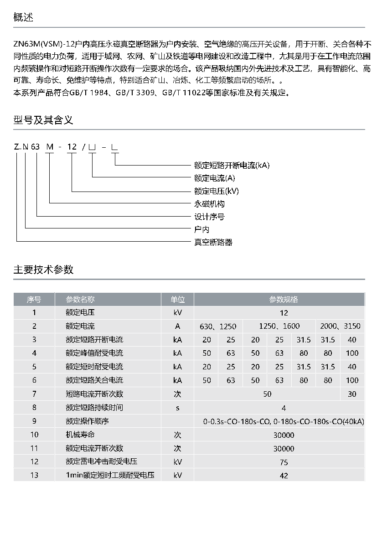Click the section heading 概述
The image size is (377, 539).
click(23, 18)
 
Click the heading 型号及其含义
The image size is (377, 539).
click(43, 120)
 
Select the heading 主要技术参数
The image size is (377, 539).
click(43, 269)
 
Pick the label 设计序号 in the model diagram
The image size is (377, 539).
click(209, 217)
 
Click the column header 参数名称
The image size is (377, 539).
click(80, 300)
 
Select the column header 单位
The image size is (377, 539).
click(178, 300)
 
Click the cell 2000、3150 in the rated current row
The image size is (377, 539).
click(340, 326)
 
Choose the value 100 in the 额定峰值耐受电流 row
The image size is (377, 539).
click(352, 353)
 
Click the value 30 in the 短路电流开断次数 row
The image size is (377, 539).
click(352, 394)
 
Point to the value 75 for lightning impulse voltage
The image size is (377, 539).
click(284, 462)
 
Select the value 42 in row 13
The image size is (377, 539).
click(284, 476)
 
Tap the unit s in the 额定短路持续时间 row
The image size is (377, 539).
click(178, 408)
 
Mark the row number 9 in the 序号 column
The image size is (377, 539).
click(34, 421)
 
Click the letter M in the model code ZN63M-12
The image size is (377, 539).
click(51, 147)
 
